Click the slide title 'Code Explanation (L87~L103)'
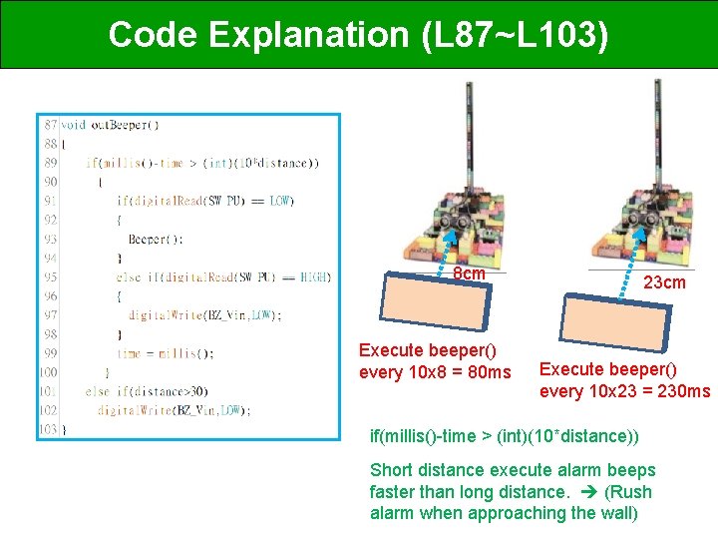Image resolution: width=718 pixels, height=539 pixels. [x=358, y=34]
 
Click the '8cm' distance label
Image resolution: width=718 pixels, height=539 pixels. [x=469, y=273]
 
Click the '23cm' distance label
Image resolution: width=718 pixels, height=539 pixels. [x=664, y=282]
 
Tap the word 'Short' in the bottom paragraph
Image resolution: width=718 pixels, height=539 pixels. [x=391, y=469]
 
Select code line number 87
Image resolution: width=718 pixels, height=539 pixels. [x=49, y=125]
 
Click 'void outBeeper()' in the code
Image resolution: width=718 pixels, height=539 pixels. [x=110, y=125]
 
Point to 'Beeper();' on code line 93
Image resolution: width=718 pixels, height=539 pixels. [x=156, y=239]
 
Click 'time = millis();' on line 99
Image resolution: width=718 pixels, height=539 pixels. [x=165, y=352]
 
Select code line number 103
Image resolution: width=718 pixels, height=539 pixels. [x=49, y=428]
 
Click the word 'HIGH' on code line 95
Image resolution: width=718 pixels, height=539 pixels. [x=314, y=276]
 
